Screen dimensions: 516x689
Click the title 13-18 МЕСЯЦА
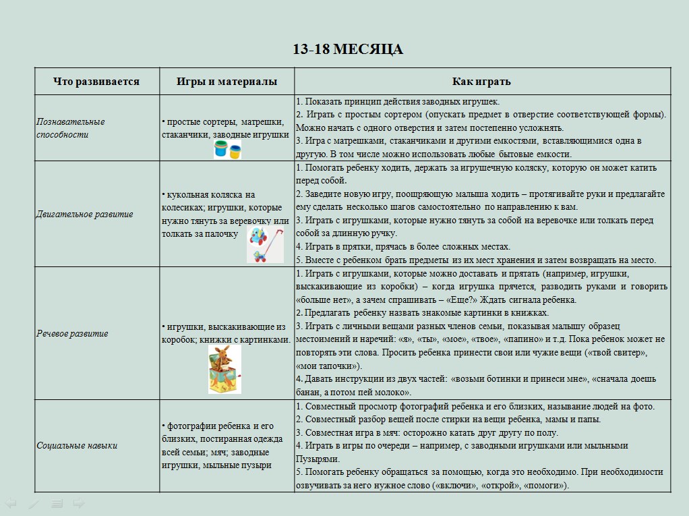tap(348, 49)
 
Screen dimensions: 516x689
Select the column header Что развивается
tap(96, 82)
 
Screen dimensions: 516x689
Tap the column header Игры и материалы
tap(227, 82)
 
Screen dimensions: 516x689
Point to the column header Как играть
tap(481, 82)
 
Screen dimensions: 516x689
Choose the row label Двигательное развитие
tap(84, 214)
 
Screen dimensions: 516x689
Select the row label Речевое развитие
tap(72, 333)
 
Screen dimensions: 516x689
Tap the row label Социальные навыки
tap(77, 445)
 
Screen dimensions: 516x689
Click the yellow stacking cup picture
tap(235, 152)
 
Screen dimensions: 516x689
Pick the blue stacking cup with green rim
tap(221, 150)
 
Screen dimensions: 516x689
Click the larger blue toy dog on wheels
tap(258, 235)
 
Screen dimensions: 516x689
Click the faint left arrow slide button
tap(10, 503)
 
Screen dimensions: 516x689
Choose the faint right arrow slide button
tap(79, 503)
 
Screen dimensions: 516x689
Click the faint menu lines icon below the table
tap(57, 503)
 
